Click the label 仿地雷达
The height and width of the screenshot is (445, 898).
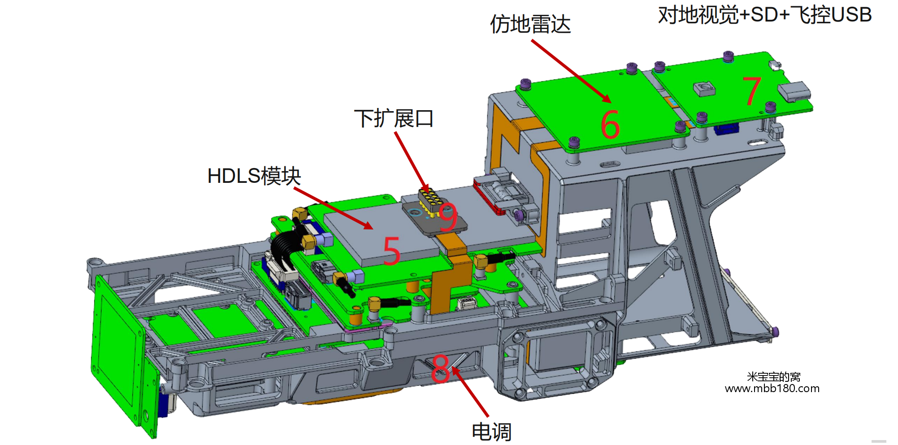pyautogui.click(x=530, y=24)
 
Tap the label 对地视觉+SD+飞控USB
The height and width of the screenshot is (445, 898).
pyautogui.click(x=765, y=15)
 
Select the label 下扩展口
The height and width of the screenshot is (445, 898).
pyautogui.click(x=394, y=119)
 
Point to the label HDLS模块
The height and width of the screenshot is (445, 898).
pyautogui.click(x=254, y=176)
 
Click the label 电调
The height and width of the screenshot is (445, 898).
pyautogui.click(x=492, y=432)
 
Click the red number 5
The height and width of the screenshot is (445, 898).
pyautogui.click(x=391, y=251)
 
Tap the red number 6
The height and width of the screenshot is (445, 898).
pyautogui.click(x=610, y=124)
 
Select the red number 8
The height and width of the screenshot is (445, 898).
pyautogui.click(x=440, y=368)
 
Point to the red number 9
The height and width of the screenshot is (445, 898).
pyautogui.click(x=448, y=217)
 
